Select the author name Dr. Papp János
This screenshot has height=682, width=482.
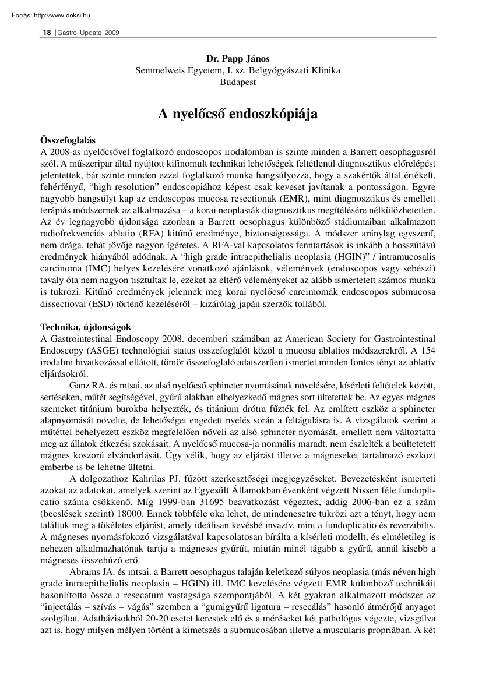coord(238,59)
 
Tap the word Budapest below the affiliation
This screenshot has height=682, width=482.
coord(238,82)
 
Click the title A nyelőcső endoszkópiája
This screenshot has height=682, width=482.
coord(238,114)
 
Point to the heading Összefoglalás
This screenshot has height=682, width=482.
coord(67,141)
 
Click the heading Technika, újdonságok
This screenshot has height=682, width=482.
coord(86,327)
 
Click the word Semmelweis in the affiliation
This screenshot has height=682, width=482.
coord(158,70)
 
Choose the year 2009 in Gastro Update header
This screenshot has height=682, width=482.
coord(112,33)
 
